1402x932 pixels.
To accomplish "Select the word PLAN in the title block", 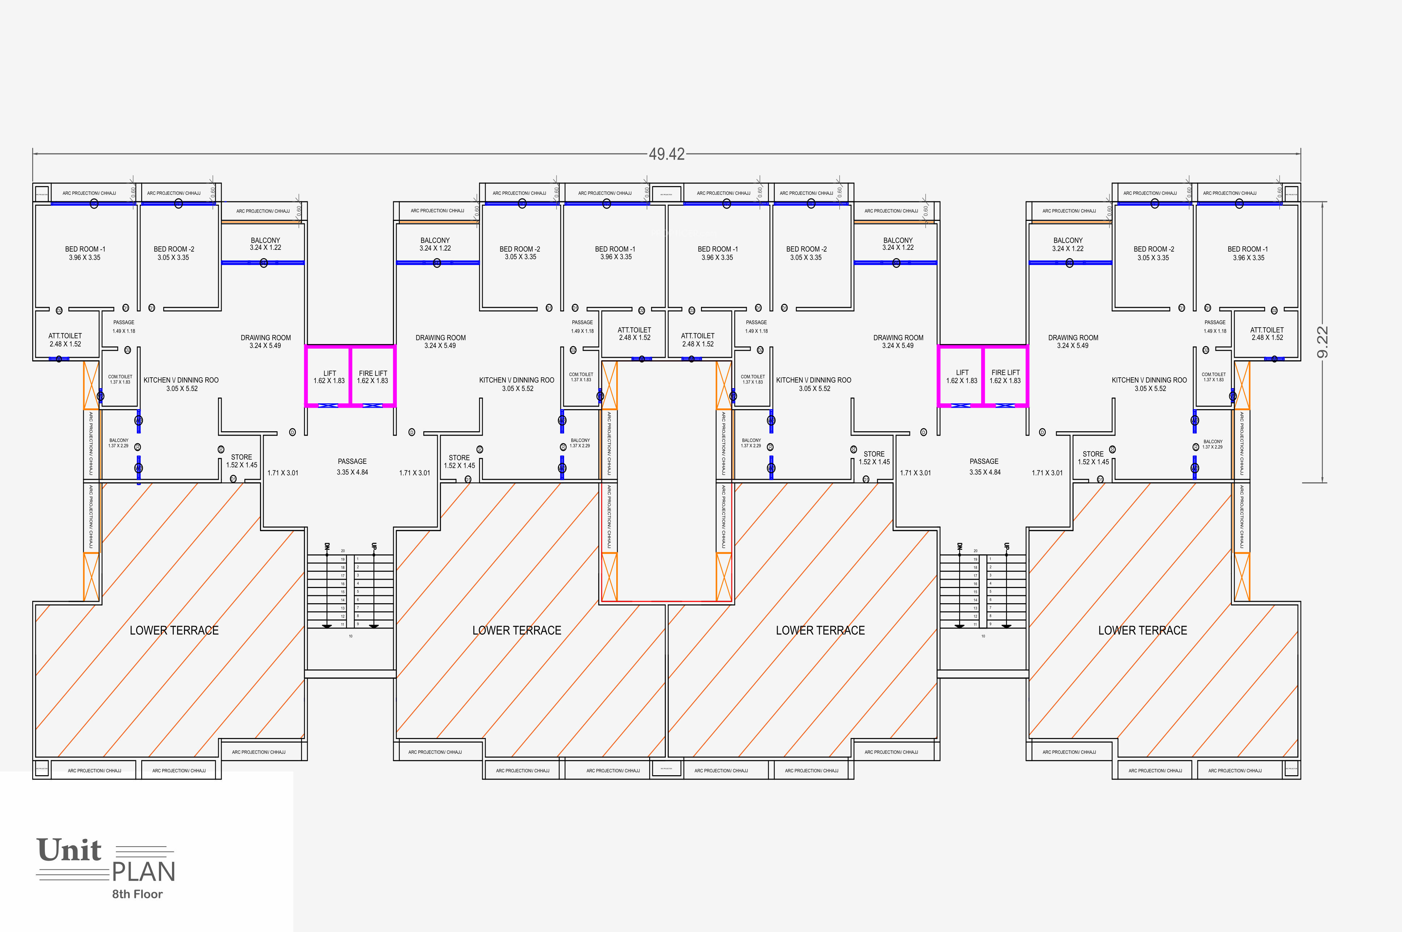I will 143,872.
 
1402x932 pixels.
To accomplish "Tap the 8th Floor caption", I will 137,894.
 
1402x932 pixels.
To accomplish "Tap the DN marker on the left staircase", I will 327,546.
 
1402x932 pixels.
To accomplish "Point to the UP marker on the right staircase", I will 1006,546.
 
